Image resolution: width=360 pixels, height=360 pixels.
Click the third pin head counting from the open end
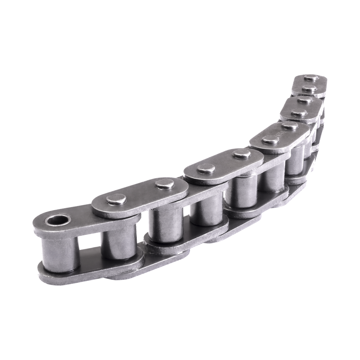[206, 169]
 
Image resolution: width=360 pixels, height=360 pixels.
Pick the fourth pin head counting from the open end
[241, 154]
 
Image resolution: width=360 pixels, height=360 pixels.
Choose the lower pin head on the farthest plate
[308, 88]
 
